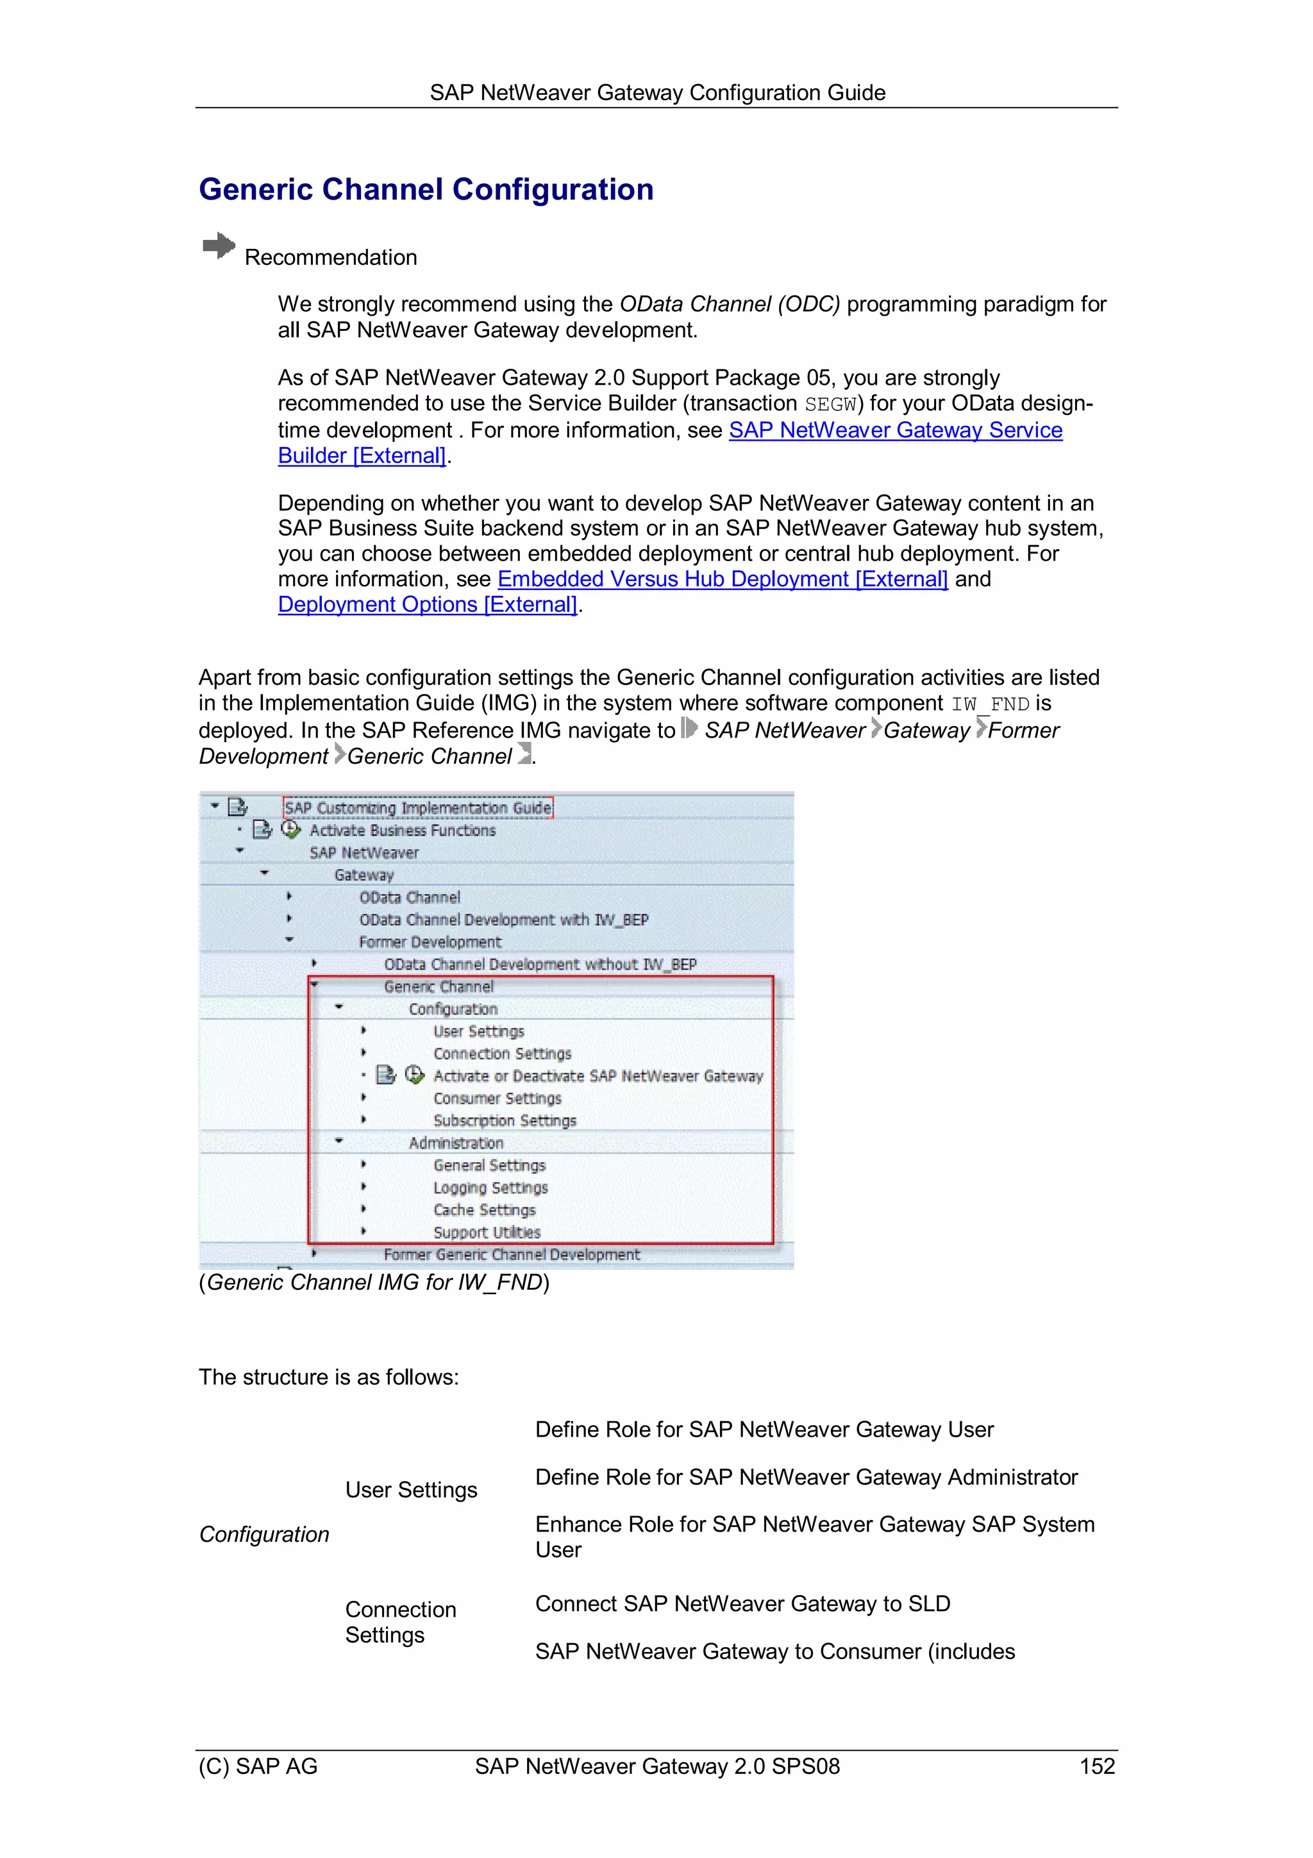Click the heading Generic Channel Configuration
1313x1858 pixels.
[x=426, y=189]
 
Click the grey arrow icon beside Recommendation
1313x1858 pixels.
[x=219, y=246]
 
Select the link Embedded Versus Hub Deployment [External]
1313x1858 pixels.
[x=722, y=579]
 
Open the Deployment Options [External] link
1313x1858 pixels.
[x=427, y=605]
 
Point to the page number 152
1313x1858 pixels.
[x=1096, y=1766]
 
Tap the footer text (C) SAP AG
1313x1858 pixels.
[x=258, y=1766]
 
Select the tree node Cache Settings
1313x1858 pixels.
[x=484, y=1210]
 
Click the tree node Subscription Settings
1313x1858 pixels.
[x=504, y=1121]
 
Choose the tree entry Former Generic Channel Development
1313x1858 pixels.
[x=511, y=1254]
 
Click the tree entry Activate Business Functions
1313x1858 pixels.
[x=402, y=831]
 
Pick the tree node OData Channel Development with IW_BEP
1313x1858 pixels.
[x=503, y=920]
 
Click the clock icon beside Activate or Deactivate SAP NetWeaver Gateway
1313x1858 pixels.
[x=414, y=1075]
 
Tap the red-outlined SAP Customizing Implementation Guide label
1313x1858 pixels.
[x=417, y=807]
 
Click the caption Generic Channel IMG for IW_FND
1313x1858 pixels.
[x=374, y=1283]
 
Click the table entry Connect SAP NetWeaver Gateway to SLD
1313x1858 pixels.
[x=742, y=1604]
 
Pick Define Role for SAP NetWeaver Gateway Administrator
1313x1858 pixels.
[x=806, y=1477]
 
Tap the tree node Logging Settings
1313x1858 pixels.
[x=490, y=1188]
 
